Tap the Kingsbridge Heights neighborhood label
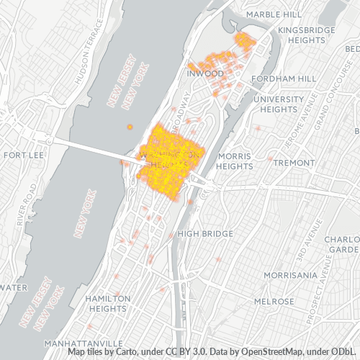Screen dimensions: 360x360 coord(302,35)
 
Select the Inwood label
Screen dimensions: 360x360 coord(201,73)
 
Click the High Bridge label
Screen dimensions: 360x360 coord(205,233)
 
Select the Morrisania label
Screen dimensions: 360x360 coord(290,275)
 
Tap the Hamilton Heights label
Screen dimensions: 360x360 coord(107,303)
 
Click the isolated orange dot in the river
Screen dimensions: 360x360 coord(130,127)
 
